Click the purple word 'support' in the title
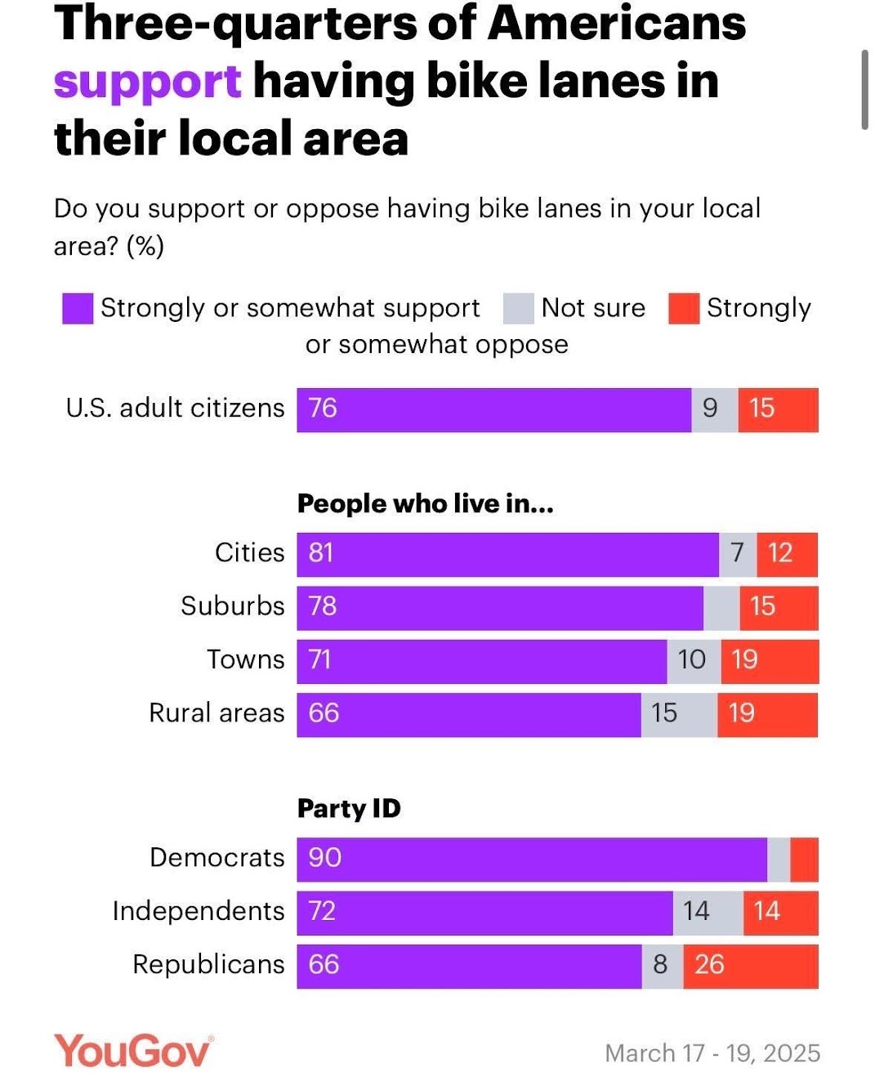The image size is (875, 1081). tap(147, 82)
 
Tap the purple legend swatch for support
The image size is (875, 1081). tap(78, 309)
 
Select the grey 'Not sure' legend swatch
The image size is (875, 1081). tap(519, 309)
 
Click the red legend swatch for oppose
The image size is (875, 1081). tap(684, 309)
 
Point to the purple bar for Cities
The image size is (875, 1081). tap(507, 554)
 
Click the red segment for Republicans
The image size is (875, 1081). tap(750, 966)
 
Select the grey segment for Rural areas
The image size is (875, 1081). tap(679, 714)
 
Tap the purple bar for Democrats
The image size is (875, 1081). tap(531, 859)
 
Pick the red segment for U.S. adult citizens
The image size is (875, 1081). tap(778, 409)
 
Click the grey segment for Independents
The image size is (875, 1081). tap(708, 913)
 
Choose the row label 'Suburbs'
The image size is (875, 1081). tap(233, 606)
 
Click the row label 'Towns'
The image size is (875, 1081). tap(246, 659)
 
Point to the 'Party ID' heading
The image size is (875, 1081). tap(349, 809)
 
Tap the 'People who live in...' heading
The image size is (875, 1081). tap(425, 504)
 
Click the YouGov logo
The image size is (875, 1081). tap(133, 1051)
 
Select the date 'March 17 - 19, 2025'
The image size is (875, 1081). tap(712, 1053)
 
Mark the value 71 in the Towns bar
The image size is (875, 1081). tap(320, 659)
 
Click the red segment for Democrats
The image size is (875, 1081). tap(804, 859)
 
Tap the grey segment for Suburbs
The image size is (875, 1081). tap(721, 607)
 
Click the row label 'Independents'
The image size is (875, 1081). tap(199, 911)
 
